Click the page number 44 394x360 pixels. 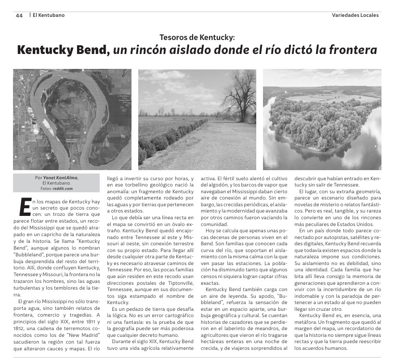point(19,15)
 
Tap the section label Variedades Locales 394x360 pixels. point(355,15)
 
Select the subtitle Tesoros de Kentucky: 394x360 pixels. point(197,37)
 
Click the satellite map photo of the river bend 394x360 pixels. point(72,120)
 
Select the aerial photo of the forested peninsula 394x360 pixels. point(322,120)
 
